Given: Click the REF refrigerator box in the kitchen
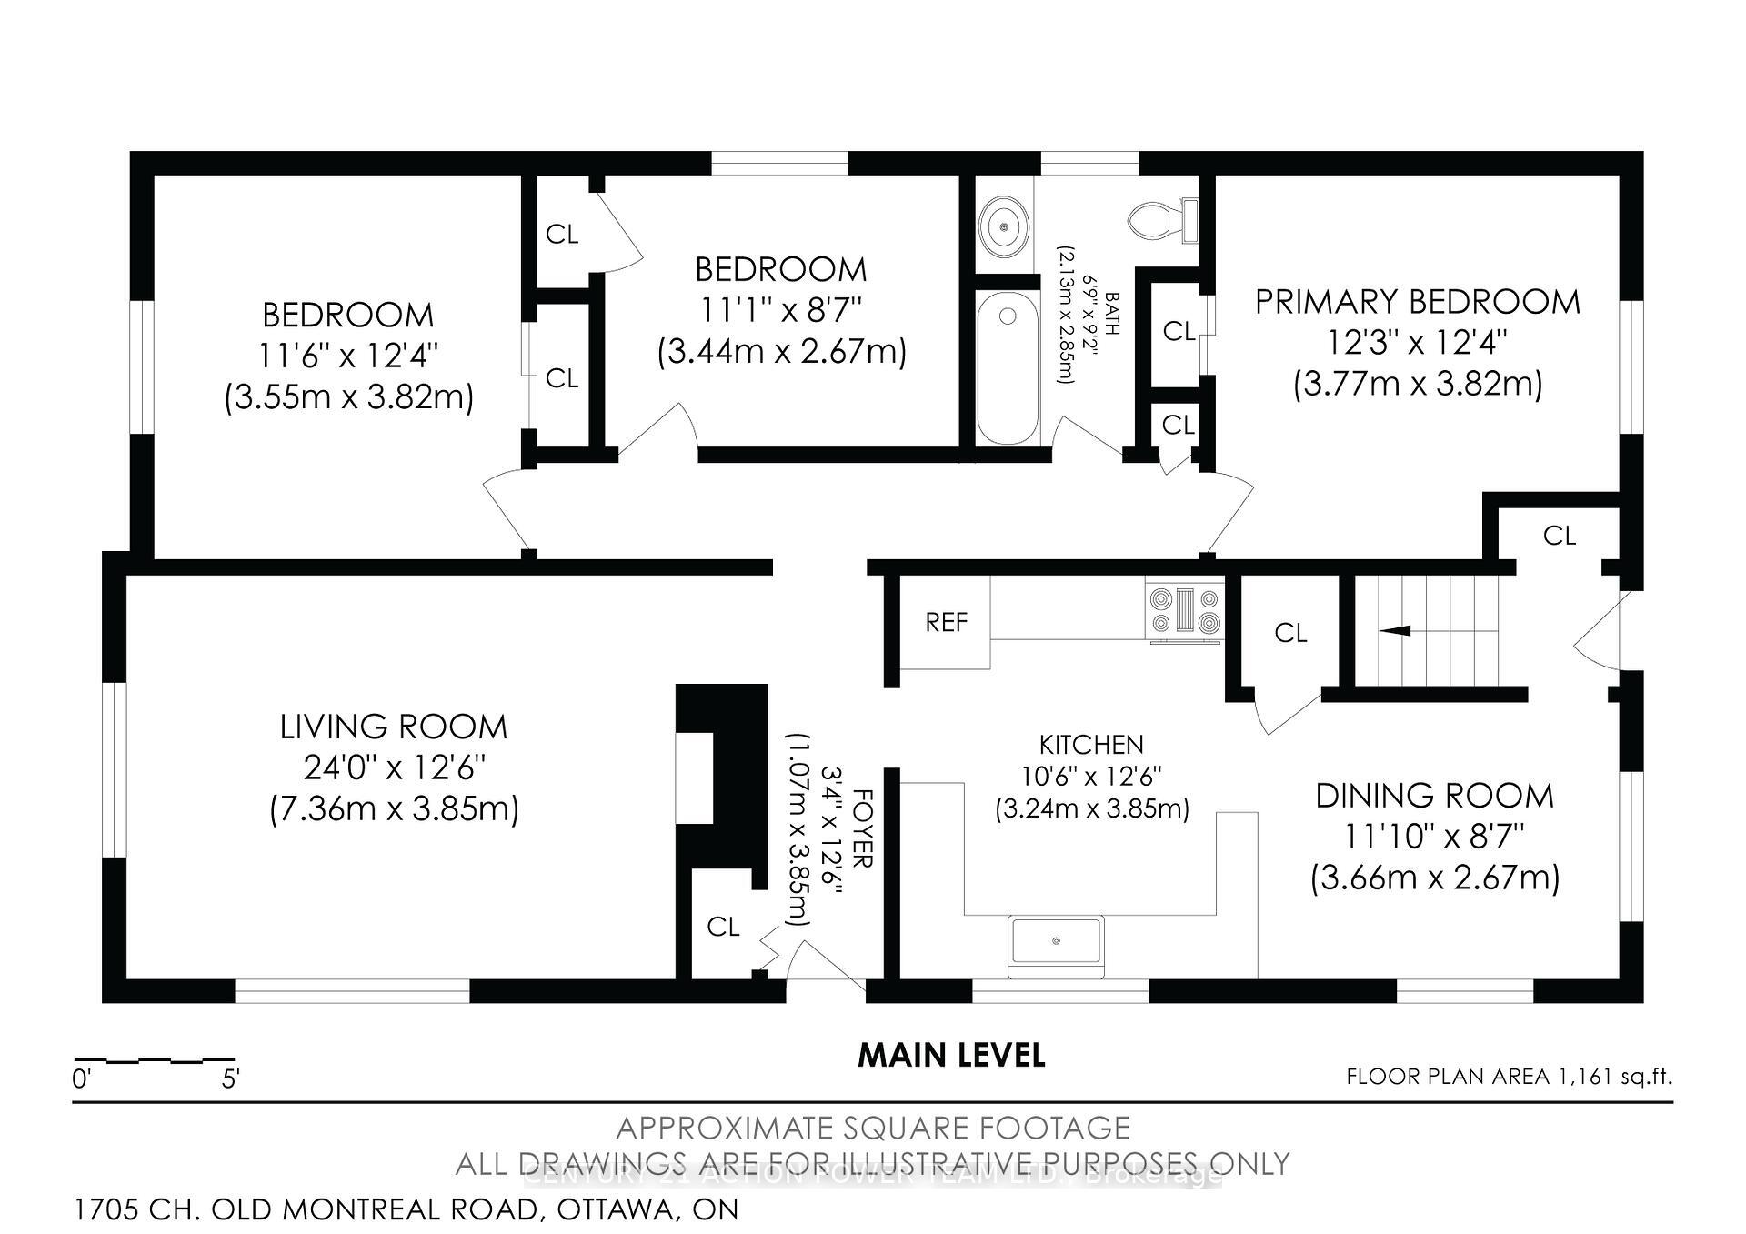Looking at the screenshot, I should tap(945, 622).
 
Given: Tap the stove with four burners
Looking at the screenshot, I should tap(1185, 611).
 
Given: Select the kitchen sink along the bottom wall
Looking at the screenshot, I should tap(1056, 940).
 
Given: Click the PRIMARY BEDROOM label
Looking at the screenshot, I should tap(1417, 302).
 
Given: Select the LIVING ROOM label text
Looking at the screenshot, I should tap(393, 727).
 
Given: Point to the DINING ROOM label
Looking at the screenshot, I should tap(1434, 796).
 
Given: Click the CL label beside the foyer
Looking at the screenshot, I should tap(723, 927).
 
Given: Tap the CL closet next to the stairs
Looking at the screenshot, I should tap(1289, 633).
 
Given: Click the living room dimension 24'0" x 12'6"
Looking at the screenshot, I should tap(395, 768).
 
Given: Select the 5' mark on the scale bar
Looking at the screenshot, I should tap(230, 1079).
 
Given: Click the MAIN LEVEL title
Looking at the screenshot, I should tap(951, 1055).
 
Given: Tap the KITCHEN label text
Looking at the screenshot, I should tap(1091, 745).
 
